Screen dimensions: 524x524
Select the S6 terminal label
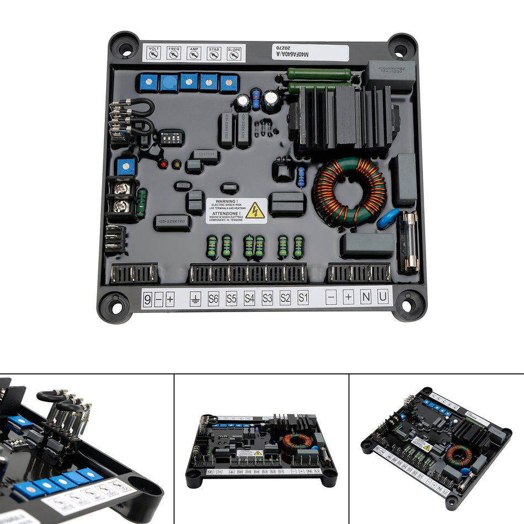point(213,298)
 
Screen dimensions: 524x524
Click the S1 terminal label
point(303,298)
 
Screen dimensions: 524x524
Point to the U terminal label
point(383,297)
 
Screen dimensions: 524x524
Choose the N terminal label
point(366,297)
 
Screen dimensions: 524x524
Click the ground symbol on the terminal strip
point(195,299)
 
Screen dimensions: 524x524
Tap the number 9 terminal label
point(147,299)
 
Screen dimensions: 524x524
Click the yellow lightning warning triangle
point(255,210)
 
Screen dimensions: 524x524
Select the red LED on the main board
point(163,164)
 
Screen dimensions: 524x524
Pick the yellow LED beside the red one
point(177,164)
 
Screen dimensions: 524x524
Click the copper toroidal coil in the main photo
point(349,190)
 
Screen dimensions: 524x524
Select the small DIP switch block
point(171,137)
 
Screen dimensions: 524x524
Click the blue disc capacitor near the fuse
point(388,218)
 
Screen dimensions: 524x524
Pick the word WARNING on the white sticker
point(226,201)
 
